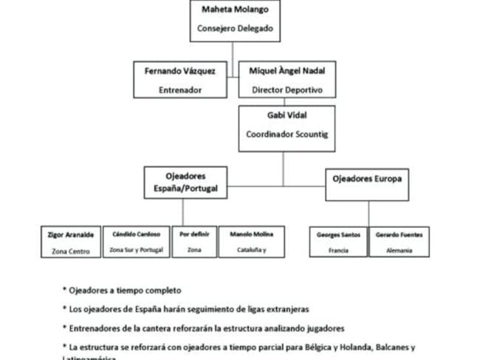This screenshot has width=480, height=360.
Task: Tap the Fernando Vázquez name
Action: point(180,72)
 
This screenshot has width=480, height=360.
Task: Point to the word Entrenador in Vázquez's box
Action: point(180,90)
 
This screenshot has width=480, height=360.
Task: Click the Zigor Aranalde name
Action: point(70,234)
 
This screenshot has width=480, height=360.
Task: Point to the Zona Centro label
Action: point(70,251)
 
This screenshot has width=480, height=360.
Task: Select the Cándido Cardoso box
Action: point(136,242)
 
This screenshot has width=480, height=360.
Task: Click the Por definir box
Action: point(195,242)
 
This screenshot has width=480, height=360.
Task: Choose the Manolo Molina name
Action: point(252,234)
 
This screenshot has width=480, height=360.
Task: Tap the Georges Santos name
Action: point(338,234)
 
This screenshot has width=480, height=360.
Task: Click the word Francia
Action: point(338,251)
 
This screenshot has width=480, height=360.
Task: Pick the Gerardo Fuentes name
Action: point(399,234)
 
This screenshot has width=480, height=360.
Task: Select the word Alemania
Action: point(399,251)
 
